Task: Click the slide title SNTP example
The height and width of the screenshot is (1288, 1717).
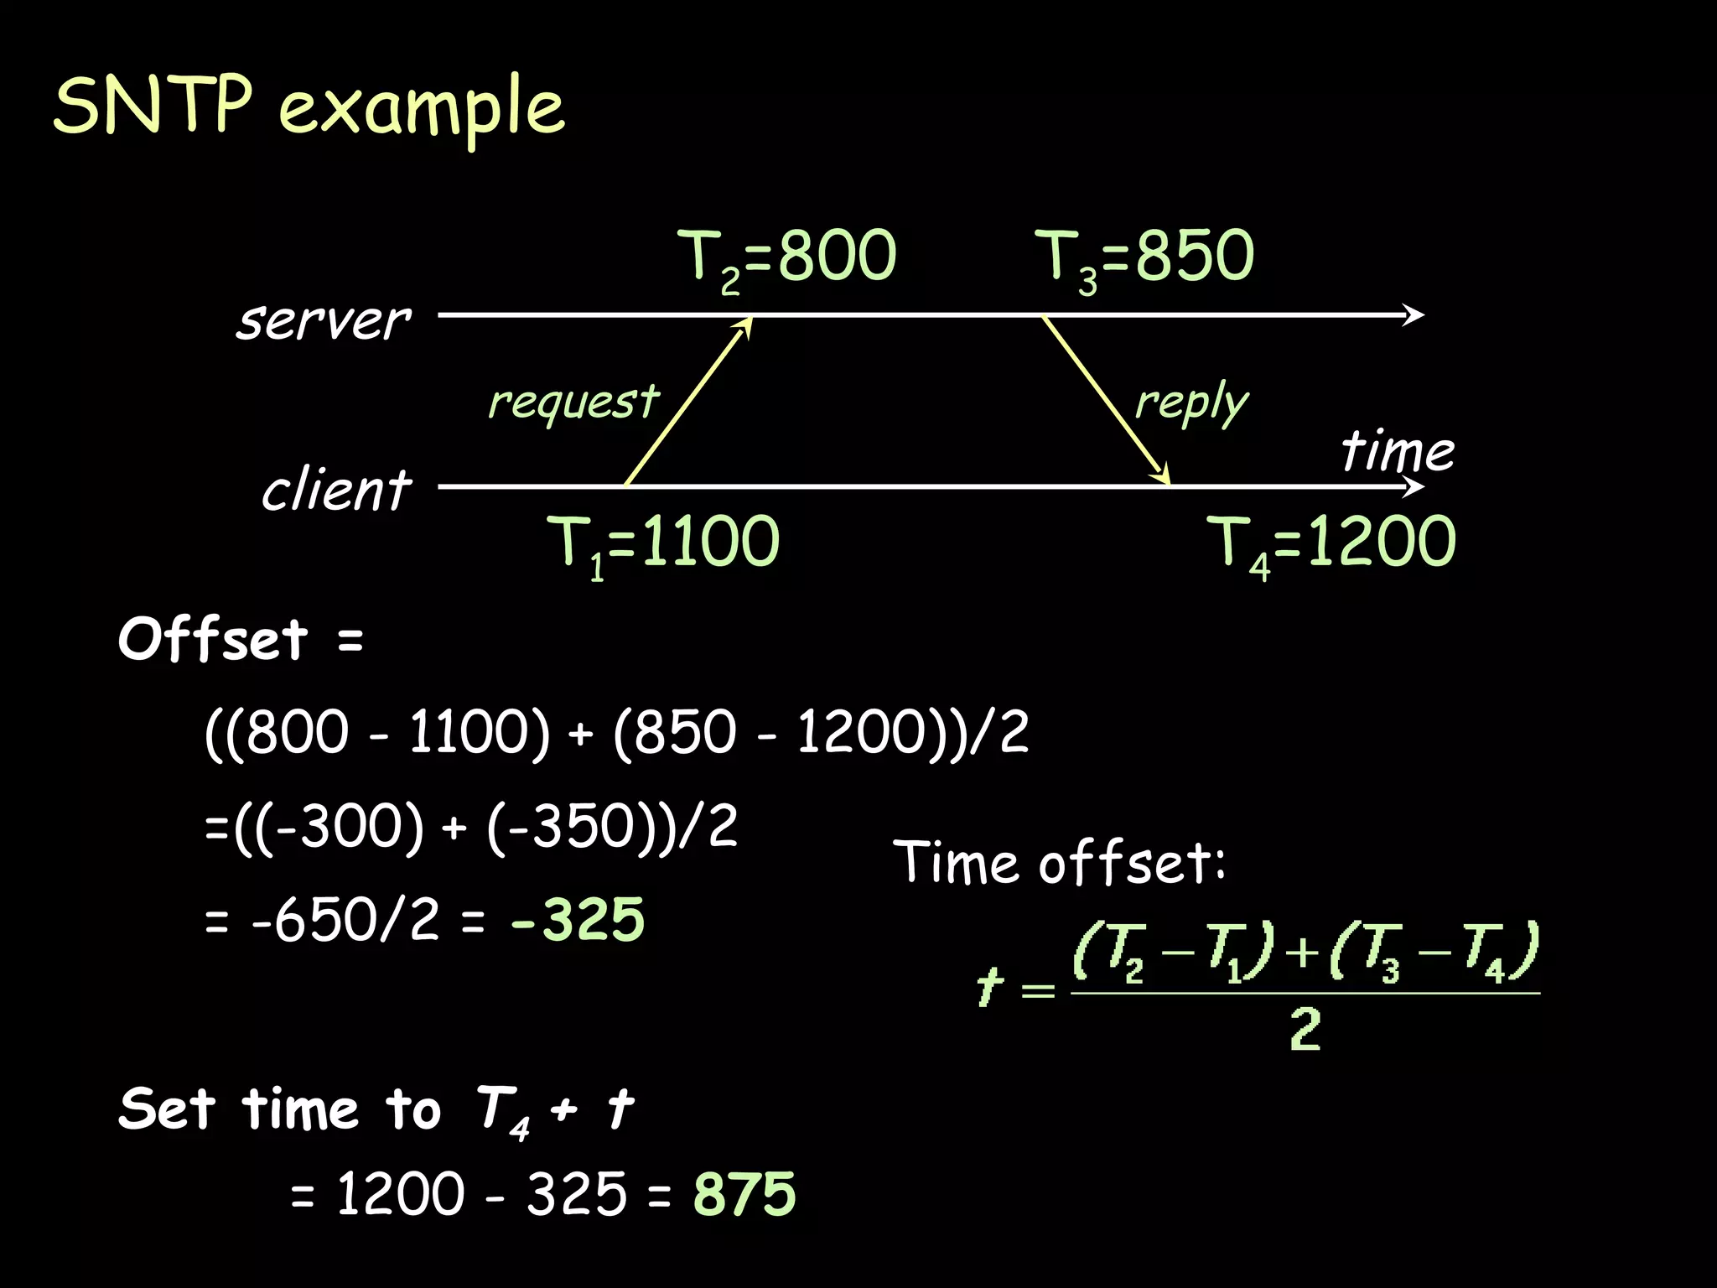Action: pos(309,107)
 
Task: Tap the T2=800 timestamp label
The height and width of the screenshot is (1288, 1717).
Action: pos(786,257)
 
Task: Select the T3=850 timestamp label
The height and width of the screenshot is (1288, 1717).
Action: pos(1144,257)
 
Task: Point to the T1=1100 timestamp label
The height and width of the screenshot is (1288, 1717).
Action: pos(662,543)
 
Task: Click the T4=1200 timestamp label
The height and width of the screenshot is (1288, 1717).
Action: pos(1336,543)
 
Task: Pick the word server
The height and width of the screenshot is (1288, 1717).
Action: pos(324,321)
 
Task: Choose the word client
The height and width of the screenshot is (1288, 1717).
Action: pos(336,491)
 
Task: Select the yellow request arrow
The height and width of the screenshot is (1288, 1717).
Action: pos(687,401)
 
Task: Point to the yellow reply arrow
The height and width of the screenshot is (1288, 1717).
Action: pos(1105,401)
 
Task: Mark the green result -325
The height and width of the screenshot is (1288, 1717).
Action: pos(578,921)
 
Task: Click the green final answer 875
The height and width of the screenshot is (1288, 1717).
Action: pos(744,1194)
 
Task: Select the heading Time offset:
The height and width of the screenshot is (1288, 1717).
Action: pos(1059,862)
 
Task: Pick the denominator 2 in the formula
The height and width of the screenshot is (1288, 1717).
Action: pos(1305,1030)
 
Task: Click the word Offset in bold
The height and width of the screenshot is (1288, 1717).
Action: pos(213,640)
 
